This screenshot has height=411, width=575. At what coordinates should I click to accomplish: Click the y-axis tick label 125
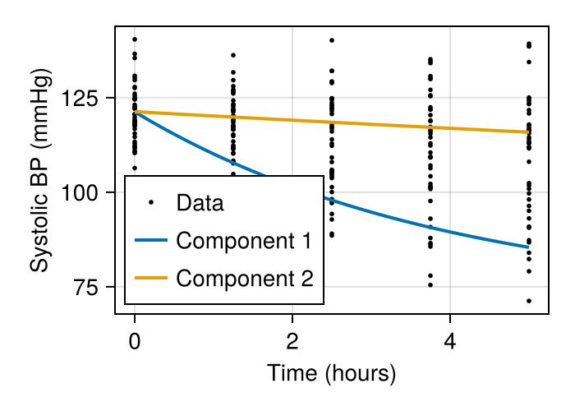click(85, 99)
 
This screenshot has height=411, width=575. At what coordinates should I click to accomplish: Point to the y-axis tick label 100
click(85, 193)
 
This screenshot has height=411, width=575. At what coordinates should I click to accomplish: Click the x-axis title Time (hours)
click(332, 374)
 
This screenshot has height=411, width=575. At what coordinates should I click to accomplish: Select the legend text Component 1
click(244, 241)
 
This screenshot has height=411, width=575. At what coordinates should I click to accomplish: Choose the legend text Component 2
click(244, 278)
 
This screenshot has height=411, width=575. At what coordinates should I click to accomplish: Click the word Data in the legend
click(200, 203)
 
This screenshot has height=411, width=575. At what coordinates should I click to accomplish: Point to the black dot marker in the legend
click(150, 203)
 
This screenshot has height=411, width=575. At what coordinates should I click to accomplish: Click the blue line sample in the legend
click(150, 241)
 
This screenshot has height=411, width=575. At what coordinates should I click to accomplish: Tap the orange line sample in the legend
click(150, 278)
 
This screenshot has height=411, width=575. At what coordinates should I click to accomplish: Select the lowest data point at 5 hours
click(529, 301)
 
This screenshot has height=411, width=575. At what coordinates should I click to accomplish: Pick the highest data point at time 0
click(135, 39)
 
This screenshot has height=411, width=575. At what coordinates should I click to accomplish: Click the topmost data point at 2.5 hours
click(332, 40)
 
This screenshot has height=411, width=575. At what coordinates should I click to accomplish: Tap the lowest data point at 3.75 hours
click(430, 285)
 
